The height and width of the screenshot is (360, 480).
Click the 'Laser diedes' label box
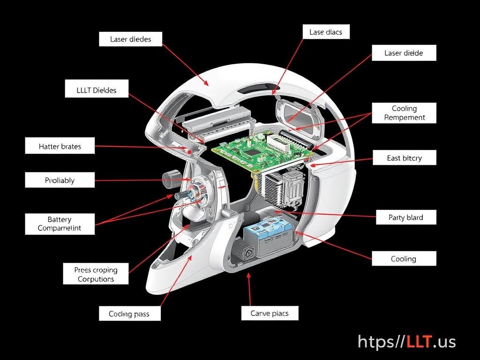click(131, 39)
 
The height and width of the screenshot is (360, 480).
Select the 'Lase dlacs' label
click(326, 32)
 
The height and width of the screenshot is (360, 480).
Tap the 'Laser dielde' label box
click(404, 53)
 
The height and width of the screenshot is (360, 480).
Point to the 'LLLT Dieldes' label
click(97, 90)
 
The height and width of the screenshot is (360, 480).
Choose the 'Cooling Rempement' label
click(404, 113)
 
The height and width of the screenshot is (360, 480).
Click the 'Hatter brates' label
click(60, 147)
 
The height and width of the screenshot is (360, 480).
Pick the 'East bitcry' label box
click(404, 158)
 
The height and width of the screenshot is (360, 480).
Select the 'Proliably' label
click(60, 180)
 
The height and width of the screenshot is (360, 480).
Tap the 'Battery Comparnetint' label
click(60, 224)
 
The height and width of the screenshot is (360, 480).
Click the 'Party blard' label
click(405, 217)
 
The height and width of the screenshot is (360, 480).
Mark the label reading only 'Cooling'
click(403, 259)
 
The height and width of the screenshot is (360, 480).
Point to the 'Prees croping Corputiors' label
click(96, 274)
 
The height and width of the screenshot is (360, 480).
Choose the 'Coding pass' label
click(129, 314)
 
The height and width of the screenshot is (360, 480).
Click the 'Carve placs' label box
click(270, 313)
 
